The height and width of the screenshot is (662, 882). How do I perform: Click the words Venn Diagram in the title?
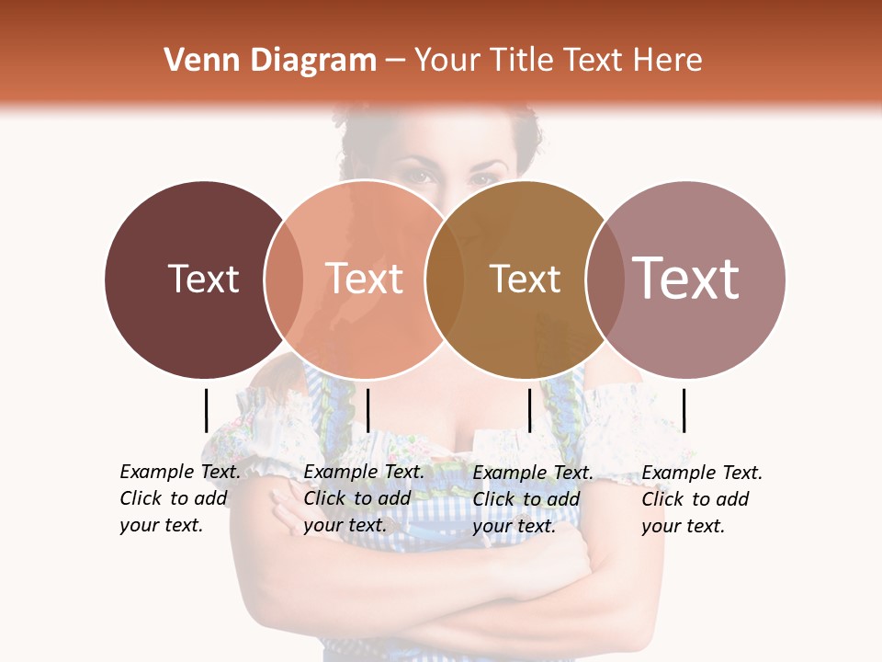[x=270, y=61]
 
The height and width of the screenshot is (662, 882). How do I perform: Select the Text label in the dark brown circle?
[x=203, y=279]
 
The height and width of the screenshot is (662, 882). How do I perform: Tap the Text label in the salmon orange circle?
[x=365, y=279]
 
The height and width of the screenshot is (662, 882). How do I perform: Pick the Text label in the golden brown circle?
[x=526, y=279]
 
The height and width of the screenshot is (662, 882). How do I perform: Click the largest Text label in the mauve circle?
[x=686, y=278]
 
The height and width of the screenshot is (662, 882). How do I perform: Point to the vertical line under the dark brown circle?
[x=206, y=410]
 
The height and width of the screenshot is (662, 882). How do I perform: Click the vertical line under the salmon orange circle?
[x=367, y=410]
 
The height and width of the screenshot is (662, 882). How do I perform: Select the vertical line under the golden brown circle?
[x=529, y=410]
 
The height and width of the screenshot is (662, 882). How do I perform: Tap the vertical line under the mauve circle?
[x=684, y=410]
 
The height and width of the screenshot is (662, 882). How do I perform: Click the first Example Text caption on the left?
[x=179, y=498]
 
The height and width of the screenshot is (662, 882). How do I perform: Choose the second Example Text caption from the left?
[x=363, y=498]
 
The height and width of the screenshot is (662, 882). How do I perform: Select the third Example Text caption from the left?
[x=532, y=499]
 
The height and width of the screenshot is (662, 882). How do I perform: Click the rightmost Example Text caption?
[x=701, y=499]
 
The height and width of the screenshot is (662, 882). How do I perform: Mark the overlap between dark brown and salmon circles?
[x=284, y=279]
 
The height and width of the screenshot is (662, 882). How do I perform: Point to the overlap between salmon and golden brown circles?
[x=445, y=279]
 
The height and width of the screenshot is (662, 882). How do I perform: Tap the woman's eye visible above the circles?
[x=421, y=175]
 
